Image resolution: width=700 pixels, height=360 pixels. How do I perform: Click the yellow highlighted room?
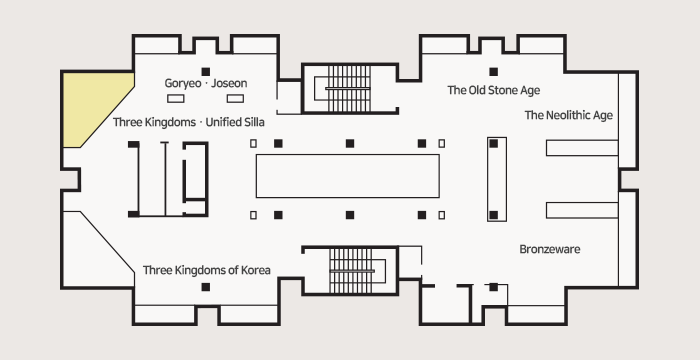(x=92, y=105)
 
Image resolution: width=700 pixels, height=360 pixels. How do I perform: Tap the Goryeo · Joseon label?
(x=206, y=84)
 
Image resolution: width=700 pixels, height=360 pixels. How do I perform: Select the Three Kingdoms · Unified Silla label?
(x=188, y=122)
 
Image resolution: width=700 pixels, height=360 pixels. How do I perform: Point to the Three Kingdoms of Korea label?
(x=207, y=270)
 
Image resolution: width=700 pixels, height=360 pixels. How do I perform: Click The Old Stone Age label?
(x=494, y=90)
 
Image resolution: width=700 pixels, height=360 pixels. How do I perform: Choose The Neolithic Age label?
(x=569, y=115)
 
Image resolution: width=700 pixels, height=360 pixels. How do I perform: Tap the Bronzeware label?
(x=550, y=249)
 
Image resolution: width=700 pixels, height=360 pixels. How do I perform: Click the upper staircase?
(x=349, y=88)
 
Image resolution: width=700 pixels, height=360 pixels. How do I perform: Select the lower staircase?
(x=351, y=271)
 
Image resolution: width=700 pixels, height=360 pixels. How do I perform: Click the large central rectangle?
(x=347, y=176)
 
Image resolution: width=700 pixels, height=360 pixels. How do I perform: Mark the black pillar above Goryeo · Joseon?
(x=205, y=72)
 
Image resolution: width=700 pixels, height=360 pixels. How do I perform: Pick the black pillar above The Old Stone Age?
(x=493, y=72)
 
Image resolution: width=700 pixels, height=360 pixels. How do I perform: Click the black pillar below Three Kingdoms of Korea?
(x=205, y=287)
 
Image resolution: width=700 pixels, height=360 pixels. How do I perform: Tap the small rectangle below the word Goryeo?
(x=175, y=99)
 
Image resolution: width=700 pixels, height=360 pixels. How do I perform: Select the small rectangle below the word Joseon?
(x=235, y=99)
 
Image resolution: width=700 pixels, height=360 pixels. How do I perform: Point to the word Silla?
(x=253, y=122)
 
